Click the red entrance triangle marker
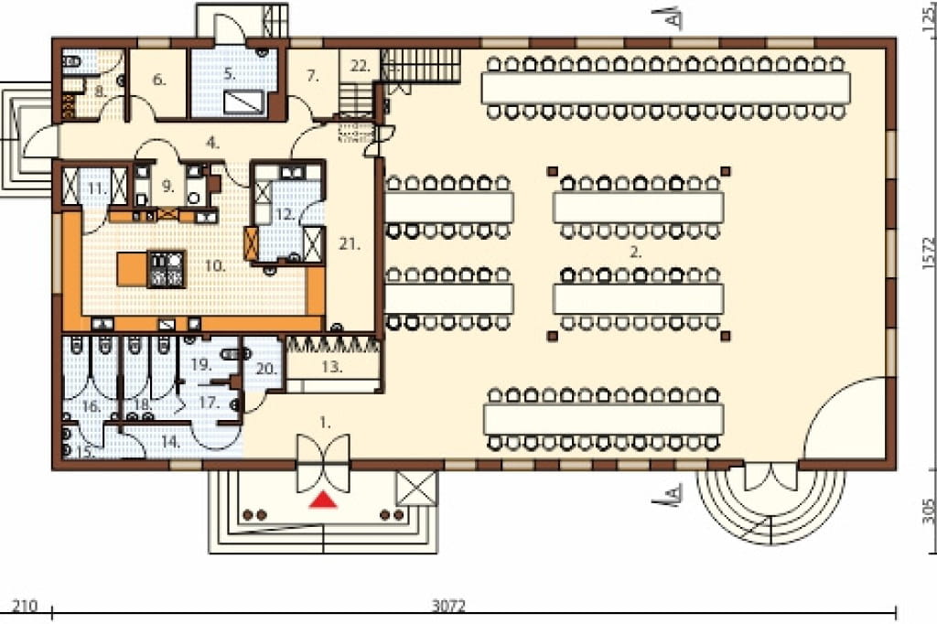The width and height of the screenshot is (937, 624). click(323, 500)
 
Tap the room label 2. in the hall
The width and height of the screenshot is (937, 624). click(636, 253)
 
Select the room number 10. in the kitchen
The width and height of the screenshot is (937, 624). click(215, 266)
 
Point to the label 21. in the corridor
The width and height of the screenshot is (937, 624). click(350, 244)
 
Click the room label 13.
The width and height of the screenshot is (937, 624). click(332, 366)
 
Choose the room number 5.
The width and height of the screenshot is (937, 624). click(230, 74)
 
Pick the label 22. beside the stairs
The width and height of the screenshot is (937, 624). click(361, 66)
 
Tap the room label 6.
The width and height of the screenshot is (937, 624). click(159, 80)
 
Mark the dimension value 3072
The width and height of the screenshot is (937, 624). click(448, 606)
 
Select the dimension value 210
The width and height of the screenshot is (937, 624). click(25, 606)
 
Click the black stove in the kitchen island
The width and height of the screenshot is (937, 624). click(166, 269)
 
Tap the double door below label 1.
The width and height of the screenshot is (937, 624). click(323, 463)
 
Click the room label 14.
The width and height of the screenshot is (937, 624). click(171, 442)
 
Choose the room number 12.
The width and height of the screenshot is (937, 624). click(285, 214)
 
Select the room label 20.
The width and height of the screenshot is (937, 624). click(266, 369)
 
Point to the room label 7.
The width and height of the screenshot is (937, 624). click(313, 76)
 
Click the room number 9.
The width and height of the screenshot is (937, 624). click(167, 186)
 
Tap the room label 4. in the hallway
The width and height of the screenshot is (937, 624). click(212, 143)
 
